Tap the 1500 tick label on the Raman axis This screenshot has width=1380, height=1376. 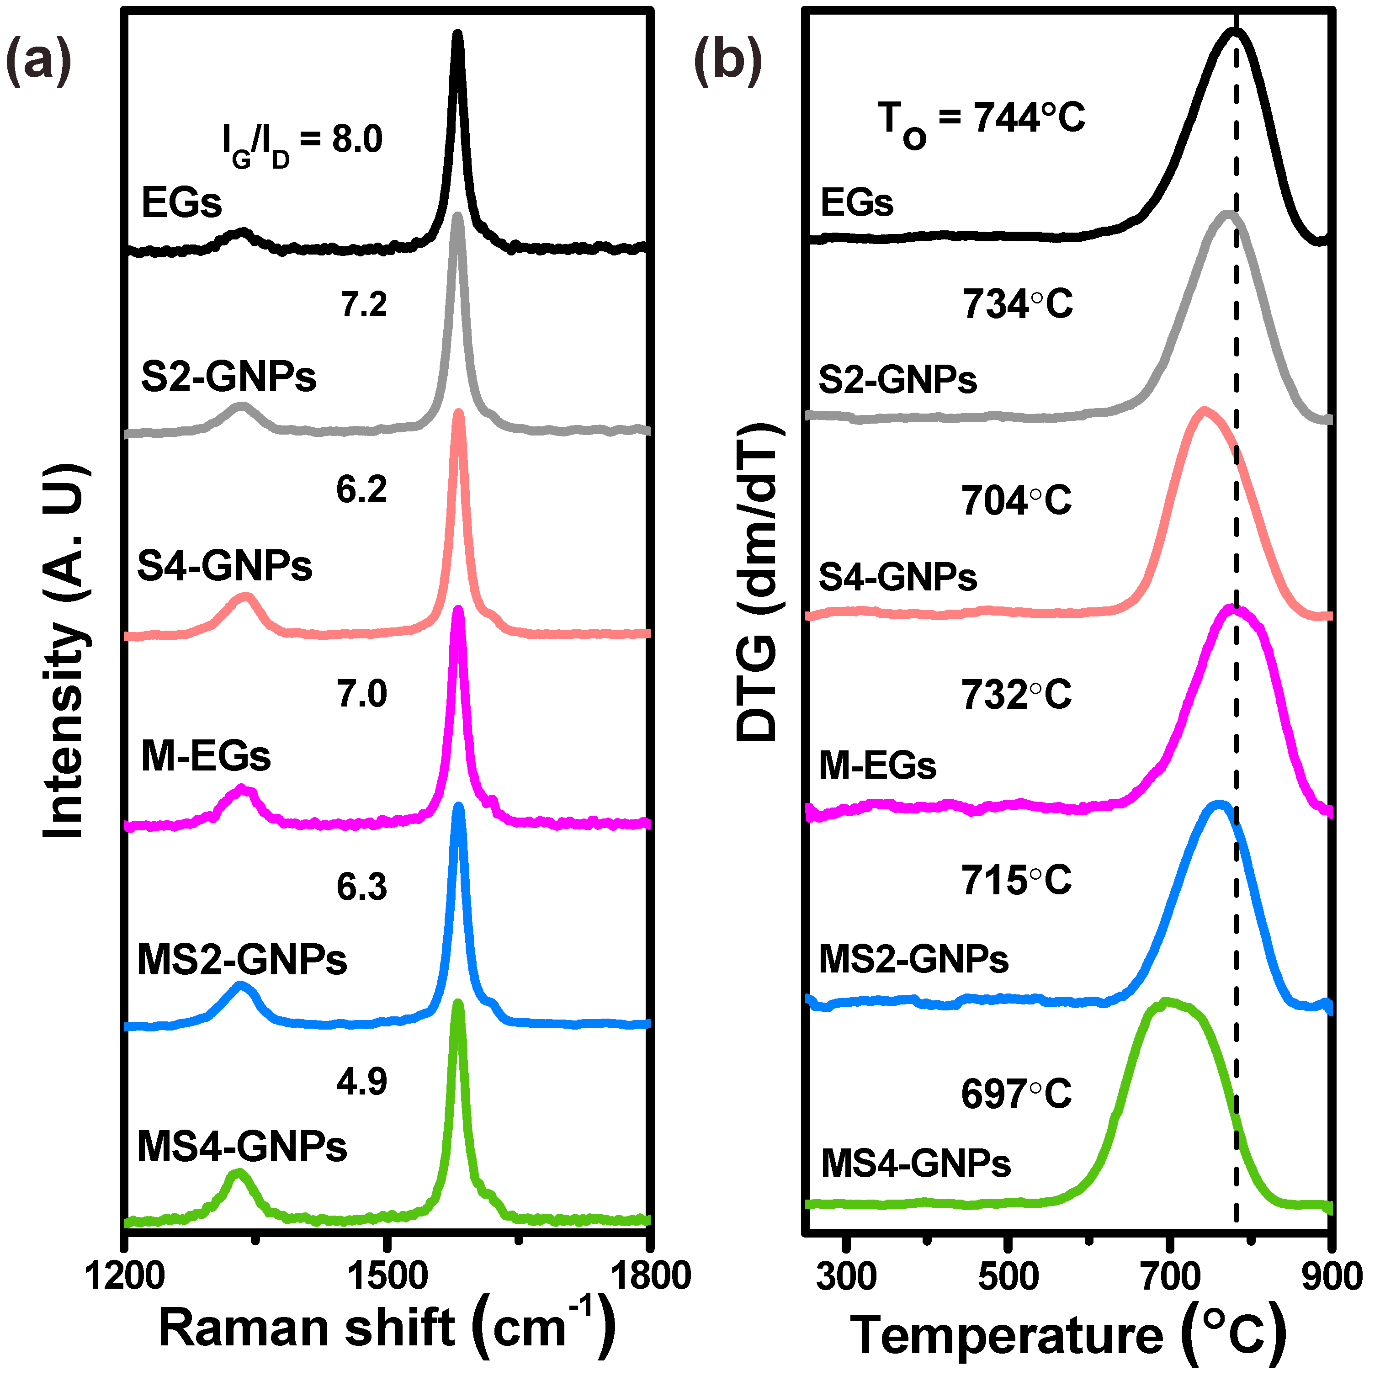pos(387,1275)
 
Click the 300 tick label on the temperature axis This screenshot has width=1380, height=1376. pos(846,1275)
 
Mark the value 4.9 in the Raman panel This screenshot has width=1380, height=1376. pos(362,1082)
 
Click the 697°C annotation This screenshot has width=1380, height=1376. pos(1016,1094)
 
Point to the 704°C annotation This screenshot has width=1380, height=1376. pos(1016,500)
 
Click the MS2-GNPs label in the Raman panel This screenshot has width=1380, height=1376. pos(241,960)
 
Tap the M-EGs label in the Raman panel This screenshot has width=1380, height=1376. pos(206,756)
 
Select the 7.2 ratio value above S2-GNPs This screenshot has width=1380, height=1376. pos(362,304)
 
